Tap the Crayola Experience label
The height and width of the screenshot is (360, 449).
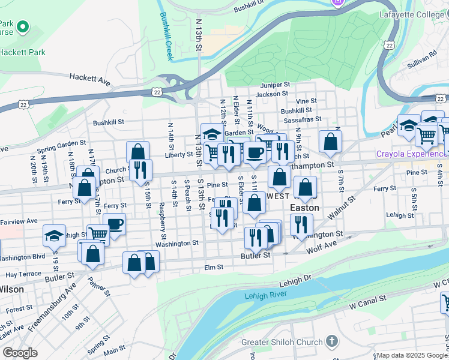click(x=412, y=154)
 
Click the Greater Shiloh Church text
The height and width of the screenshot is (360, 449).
click(x=282, y=343)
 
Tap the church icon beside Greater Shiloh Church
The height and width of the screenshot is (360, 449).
click(x=333, y=342)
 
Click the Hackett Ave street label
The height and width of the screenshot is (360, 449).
click(x=90, y=78)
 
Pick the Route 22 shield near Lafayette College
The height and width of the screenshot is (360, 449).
click(x=390, y=45)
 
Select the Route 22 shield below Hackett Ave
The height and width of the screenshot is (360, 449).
click(x=157, y=92)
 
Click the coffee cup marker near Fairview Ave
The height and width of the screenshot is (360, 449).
click(x=114, y=224)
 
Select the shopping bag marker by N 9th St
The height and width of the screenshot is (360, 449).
click(x=330, y=142)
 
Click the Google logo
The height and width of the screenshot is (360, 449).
click(x=20, y=353)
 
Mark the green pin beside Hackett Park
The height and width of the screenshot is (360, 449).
click(x=23, y=27)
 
